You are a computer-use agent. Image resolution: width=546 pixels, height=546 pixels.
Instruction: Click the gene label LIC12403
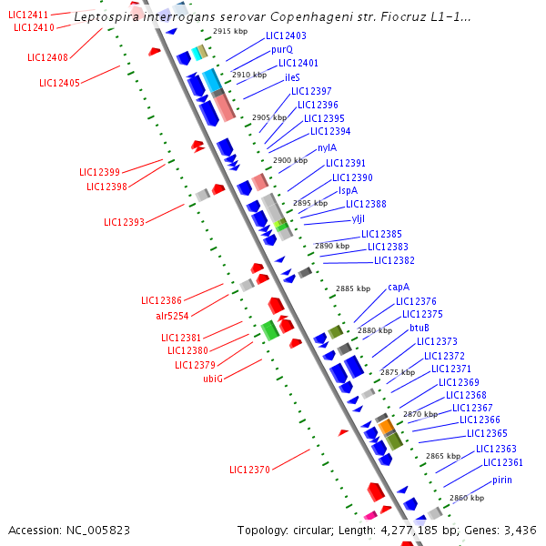pyautogui.click(x=286, y=36)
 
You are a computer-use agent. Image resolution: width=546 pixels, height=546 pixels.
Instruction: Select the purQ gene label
pyautogui.click(x=282, y=49)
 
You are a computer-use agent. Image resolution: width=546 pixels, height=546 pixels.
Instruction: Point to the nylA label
pyautogui.click(x=327, y=147)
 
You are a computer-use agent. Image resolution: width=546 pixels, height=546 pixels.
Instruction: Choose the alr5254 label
pyautogui.click(x=172, y=316)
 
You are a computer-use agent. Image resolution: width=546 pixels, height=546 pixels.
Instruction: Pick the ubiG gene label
pyautogui.click(x=213, y=379)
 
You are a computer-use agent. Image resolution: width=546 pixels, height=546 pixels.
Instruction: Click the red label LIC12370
pyautogui.click(x=249, y=470)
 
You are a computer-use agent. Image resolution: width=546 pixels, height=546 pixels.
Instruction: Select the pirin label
pyautogui.click(x=501, y=480)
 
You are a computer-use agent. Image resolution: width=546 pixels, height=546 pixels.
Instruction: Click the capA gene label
pyautogui.click(x=399, y=287)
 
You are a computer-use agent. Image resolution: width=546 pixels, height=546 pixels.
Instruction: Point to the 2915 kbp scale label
pyautogui.click(x=229, y=31)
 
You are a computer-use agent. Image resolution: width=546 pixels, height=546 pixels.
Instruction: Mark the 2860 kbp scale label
pyautogui.click(x=466, y=498)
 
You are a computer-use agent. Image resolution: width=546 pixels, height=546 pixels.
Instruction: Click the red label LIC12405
pyautogui.click(x=59, y=84)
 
